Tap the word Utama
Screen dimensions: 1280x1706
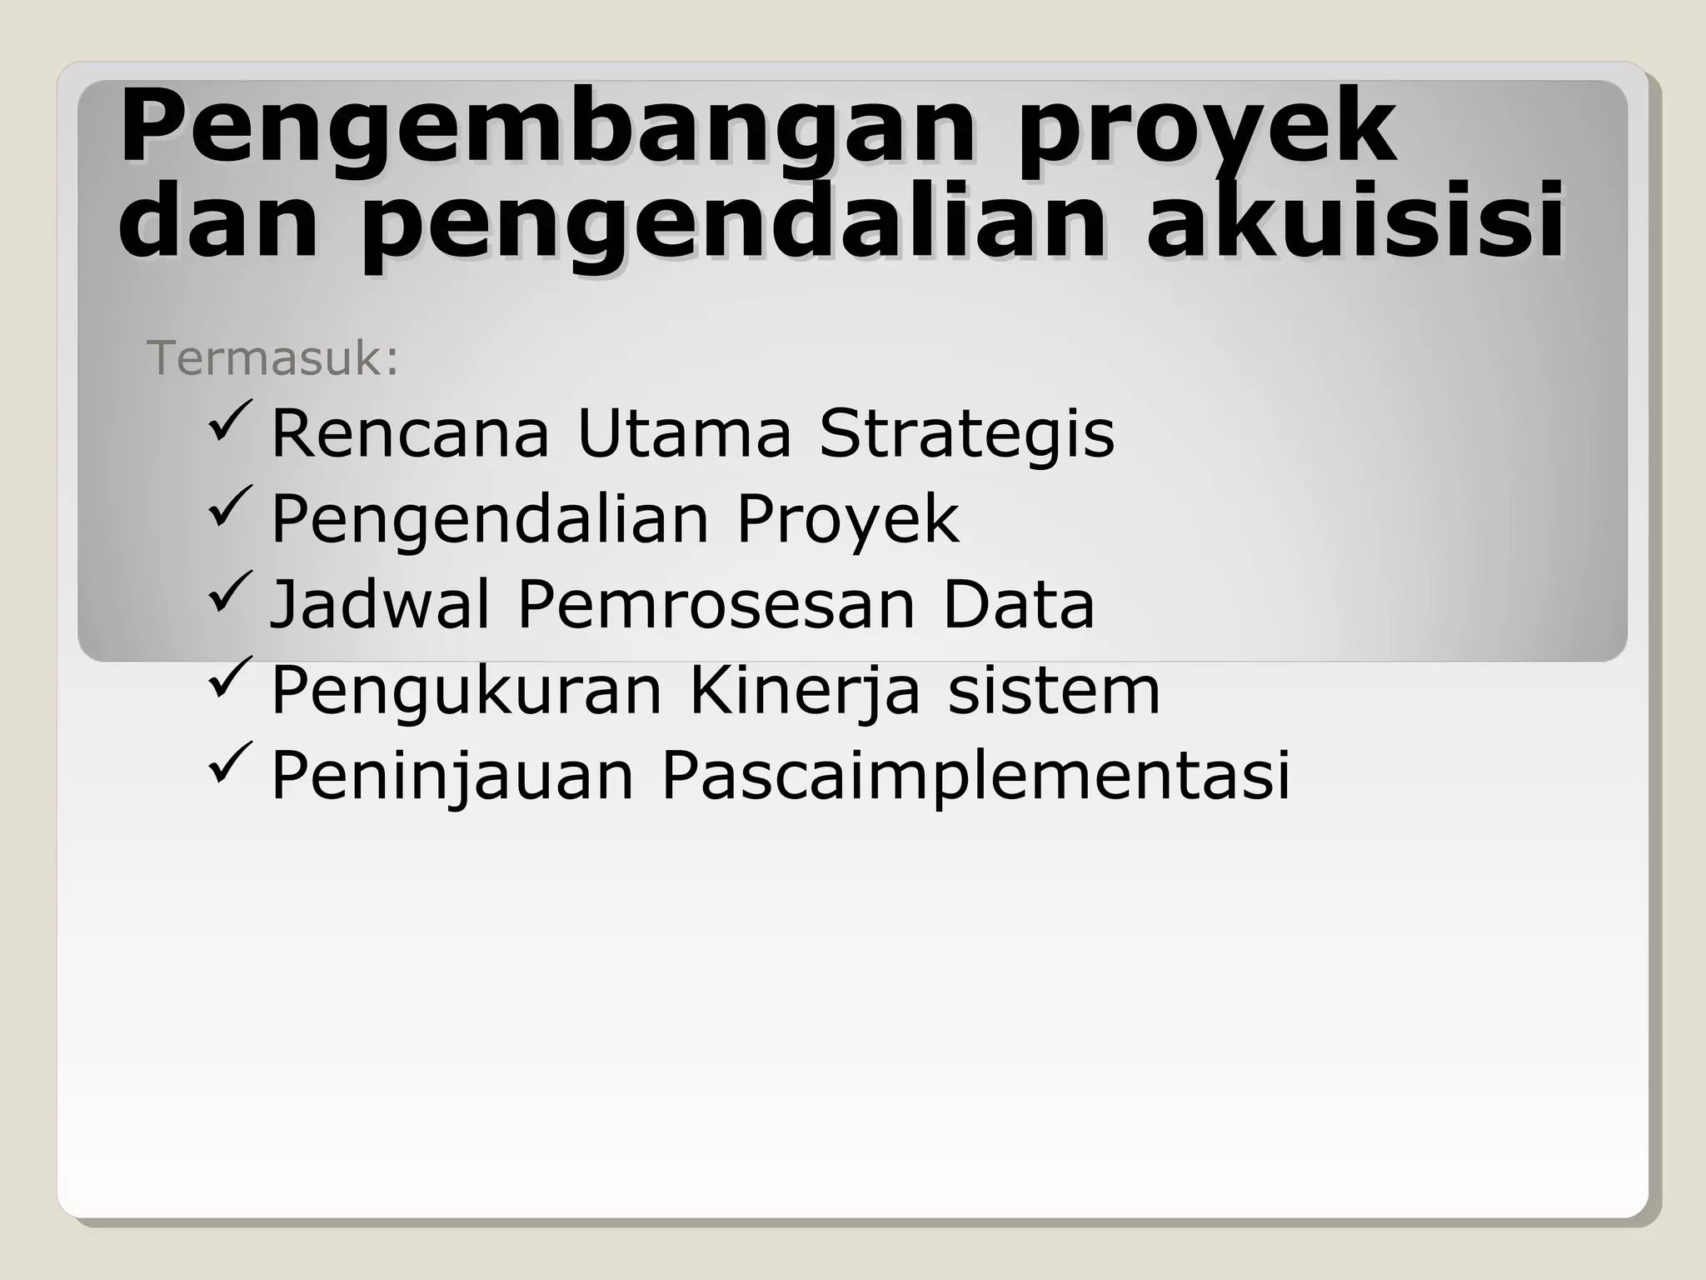[683, 433]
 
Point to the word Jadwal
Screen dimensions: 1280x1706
[380, 605]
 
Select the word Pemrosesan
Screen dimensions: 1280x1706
[716, 605]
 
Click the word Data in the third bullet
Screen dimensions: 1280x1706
[1018, 605]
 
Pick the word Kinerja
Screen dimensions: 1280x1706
[805, 692]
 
